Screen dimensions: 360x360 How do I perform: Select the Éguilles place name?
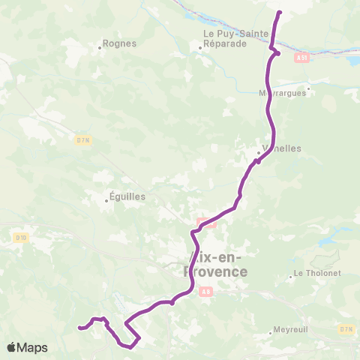pyautogui.click(x=127, y=196)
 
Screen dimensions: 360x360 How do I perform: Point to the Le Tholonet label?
pyautogui.click(x=316, y=273)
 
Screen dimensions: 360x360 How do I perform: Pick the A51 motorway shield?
pyautogui.click(x=301, y=56)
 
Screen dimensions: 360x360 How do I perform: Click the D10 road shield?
pyautogui.click(x=21, y=238)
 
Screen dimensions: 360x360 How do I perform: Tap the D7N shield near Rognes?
pyautogui.click(x=82, y=139)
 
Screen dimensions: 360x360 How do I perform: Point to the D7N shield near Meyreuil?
pyautogui.click(x=346, y=328)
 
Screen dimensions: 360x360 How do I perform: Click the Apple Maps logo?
pyautogui.click(x=27, y=347)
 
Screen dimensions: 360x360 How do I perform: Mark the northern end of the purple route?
pyautogui.click(x=279, y=13)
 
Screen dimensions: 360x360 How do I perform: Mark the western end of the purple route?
pyautogui.click(x=79, y=327)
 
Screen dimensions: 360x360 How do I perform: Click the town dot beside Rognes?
pyautogui.click(x=100, y=48)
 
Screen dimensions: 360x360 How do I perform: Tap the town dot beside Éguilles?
pyautogui.click(x=108, y=201)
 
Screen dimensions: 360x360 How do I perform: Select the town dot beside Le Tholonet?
pyautogui.click(x=291, y=277)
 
